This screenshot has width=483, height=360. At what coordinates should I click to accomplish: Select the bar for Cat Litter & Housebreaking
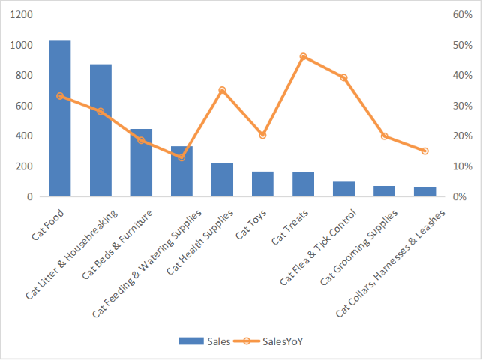click(100, 130)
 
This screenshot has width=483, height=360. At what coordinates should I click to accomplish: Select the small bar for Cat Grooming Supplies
click(384, 191)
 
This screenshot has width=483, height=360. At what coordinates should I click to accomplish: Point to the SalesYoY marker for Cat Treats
click(303, 57)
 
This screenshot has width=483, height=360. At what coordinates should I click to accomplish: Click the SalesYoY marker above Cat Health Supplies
click(222, 90)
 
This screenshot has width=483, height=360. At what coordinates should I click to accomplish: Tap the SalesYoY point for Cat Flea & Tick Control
click(343, 77)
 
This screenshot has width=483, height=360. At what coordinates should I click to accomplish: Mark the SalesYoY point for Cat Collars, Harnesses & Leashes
click(424, 151)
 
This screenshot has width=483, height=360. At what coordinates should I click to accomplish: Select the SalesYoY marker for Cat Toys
click(262, 135)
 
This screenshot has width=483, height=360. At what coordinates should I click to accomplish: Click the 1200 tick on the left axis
click(22, 15)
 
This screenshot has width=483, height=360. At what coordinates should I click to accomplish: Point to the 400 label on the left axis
click(25, 136)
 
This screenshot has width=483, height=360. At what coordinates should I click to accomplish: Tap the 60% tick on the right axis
click(460, 15)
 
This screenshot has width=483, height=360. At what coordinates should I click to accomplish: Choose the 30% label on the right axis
click(460, 106)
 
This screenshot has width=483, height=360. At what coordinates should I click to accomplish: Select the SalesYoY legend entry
click(274, 340)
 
